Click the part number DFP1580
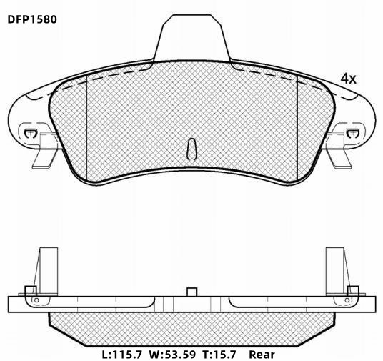(x=32, y=19)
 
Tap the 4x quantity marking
(x=348, y=79)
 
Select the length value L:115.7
(x=121, y=354)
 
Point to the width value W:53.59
(x=172, y=354)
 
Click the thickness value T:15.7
(x=219, y=354)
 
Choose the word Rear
(x=262, y=354)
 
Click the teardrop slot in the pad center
(x=191, y=149)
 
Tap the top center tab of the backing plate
(x=192, y=38)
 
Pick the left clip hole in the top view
(x=30, y=133)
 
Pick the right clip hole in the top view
(x=353, y=133)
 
